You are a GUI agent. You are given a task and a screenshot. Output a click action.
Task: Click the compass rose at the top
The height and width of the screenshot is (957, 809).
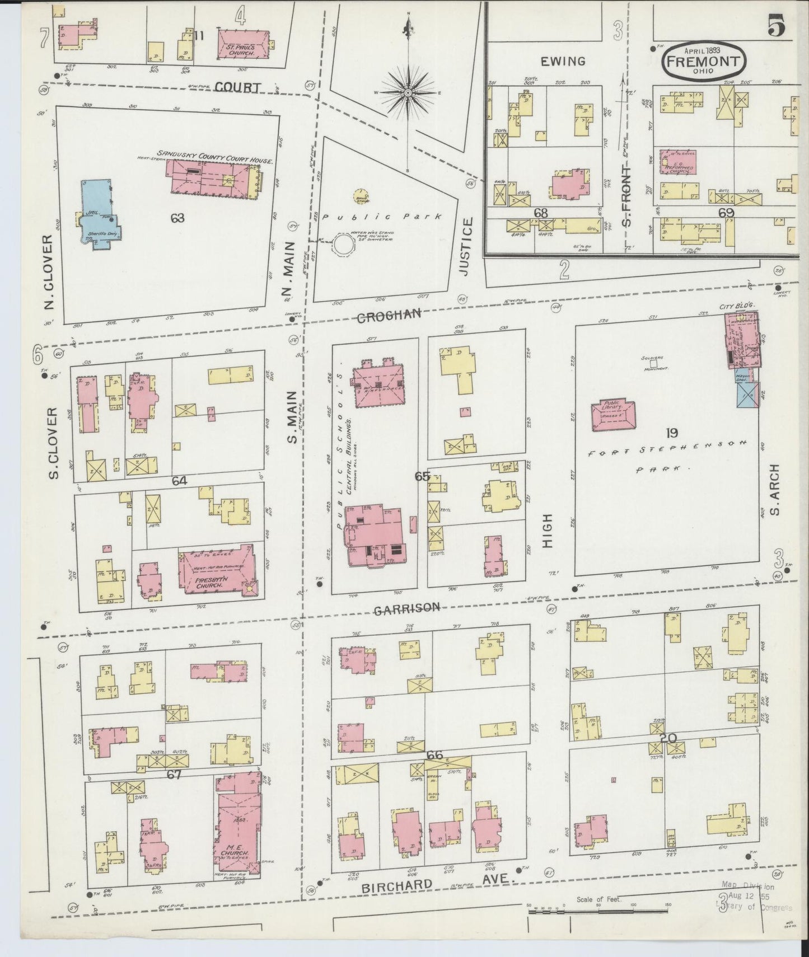(x=408, y=92)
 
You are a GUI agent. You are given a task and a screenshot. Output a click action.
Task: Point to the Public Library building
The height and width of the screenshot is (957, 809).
(x=612, y=415)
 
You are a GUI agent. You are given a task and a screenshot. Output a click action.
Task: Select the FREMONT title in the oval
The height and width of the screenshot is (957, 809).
(x=704, y=61)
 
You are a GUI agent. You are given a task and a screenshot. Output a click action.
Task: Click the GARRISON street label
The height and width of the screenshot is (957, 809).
(x=407, y=608)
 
